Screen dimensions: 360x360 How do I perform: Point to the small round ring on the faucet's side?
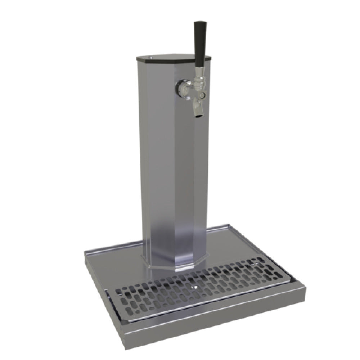(x=203, y=95)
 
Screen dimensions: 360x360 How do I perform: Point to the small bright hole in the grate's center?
(x=194, y=287)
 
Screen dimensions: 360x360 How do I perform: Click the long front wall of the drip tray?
(x=216, y=320)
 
